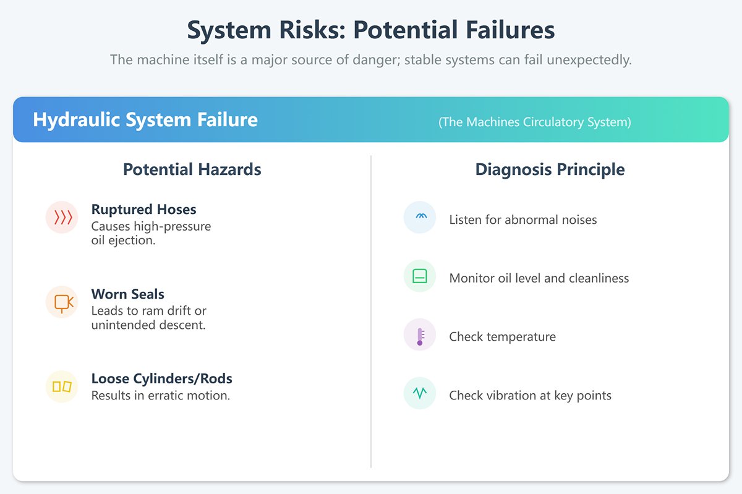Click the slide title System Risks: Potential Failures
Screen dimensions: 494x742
[371, 30]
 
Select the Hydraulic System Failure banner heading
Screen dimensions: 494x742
[145, 119]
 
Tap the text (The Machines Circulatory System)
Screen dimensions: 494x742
[535, 122]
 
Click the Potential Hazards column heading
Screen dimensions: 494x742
[192, 169]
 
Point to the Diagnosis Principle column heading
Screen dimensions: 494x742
[550, 169]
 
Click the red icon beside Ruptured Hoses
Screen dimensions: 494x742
[62, 217]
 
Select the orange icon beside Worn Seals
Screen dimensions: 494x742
[62, 302]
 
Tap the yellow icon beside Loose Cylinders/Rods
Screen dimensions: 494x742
[62, 386]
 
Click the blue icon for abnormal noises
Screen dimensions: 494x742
[420, 217]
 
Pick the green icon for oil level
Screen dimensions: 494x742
[420, 276]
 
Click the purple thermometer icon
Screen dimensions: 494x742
[420, 335]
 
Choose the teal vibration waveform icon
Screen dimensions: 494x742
[420, 393]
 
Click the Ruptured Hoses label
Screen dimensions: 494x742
[143, 210]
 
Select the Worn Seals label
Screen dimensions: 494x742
[127, 294]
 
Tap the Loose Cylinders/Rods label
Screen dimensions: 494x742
[161, 378]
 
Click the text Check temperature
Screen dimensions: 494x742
[502, 337]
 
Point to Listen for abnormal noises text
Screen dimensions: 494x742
[522, 219]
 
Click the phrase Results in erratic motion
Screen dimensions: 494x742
[160, 396]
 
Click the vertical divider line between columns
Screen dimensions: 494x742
[371, 309]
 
